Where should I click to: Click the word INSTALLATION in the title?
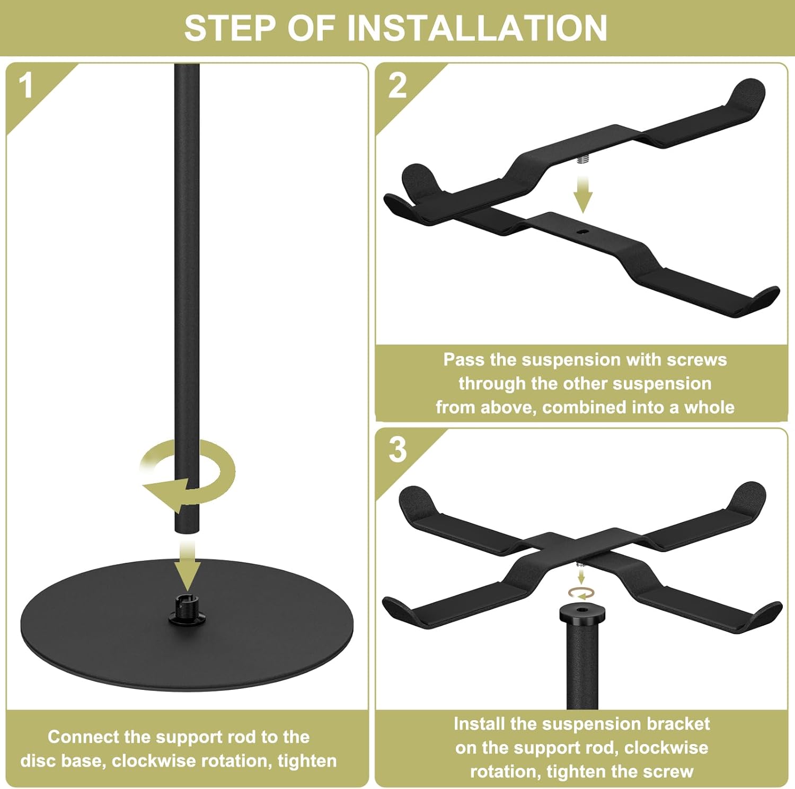click(477, 28)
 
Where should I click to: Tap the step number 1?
click(26, 85)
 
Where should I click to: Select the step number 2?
click(397, 85)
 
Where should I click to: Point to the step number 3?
click(397, 449)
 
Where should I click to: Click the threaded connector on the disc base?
click(187, 604)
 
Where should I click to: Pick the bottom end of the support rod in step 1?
click(187, 531)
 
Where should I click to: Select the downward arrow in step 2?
click(582, 194)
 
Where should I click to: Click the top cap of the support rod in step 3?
click(582, 614)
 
